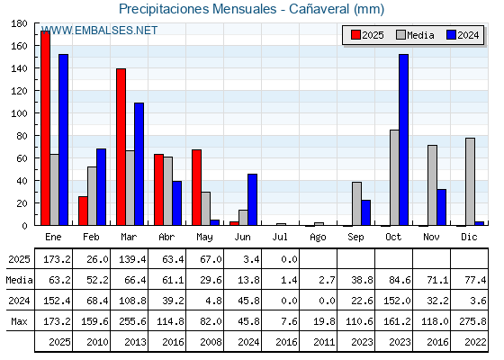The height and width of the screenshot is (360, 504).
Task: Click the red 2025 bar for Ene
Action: point(45,128)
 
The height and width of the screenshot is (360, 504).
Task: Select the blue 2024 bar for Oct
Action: point(404,139)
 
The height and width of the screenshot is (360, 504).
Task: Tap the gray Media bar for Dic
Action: point(470,182)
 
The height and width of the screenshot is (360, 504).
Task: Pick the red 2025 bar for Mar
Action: point(121,147)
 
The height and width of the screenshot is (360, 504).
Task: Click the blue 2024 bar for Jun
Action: point(252,200)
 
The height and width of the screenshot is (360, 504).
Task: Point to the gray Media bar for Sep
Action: point(356,203)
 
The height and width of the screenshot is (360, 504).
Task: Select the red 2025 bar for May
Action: point(197,187)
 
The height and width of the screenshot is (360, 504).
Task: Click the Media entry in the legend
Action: point(415,35)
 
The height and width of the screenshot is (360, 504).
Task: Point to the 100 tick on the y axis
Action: point(35,113)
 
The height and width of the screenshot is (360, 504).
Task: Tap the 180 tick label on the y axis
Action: point(19,23)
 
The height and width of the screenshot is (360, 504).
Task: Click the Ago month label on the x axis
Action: point(318,238)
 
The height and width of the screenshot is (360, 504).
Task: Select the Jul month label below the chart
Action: point(280,237)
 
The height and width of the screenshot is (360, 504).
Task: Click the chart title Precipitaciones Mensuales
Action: point(198,9)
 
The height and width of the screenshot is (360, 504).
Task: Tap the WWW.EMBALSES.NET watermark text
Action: point(99,31)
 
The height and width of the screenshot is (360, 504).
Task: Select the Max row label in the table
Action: point(19,321)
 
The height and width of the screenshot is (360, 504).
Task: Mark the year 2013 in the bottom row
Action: point(135,342)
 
